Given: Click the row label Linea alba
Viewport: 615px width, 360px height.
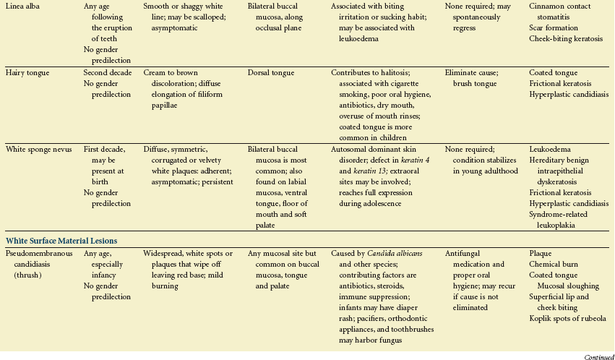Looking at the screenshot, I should tap(23, 6).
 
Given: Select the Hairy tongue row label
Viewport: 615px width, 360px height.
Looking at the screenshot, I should tap(28, 73).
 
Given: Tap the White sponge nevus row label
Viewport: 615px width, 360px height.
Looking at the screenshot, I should tap(38, 149).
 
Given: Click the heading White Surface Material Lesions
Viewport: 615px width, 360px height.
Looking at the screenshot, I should tap(61, 240).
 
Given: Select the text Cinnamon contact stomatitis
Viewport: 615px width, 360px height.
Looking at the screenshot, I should tap(564, 12).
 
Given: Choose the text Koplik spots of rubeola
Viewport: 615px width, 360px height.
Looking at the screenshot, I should tap(568, 319).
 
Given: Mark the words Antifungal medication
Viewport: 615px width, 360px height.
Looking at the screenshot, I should tap(469, 259).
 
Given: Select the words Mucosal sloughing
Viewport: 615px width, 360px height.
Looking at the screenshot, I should tap(574, 286).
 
